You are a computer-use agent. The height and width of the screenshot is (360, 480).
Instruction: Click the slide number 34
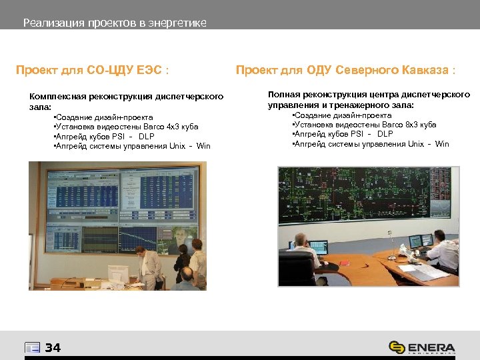53,347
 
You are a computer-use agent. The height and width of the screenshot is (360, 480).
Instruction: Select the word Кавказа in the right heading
424,69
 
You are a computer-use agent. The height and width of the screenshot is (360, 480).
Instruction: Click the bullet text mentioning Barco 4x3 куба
127,126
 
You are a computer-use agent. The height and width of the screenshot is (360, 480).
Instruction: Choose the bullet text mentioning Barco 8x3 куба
365,124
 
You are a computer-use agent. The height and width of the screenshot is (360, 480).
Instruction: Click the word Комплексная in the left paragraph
59,97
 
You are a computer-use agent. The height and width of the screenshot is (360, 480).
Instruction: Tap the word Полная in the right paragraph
283,95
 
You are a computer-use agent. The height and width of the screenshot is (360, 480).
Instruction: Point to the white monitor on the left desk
119,273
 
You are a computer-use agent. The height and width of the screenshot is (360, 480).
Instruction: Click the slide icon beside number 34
32,347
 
